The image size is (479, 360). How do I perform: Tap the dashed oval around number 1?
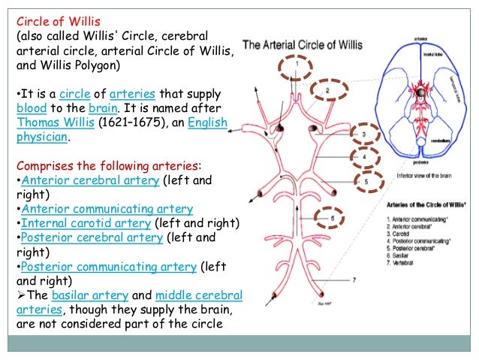point(296,67)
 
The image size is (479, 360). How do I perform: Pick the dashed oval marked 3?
point(363,135)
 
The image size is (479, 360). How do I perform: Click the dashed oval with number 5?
point(366,181)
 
